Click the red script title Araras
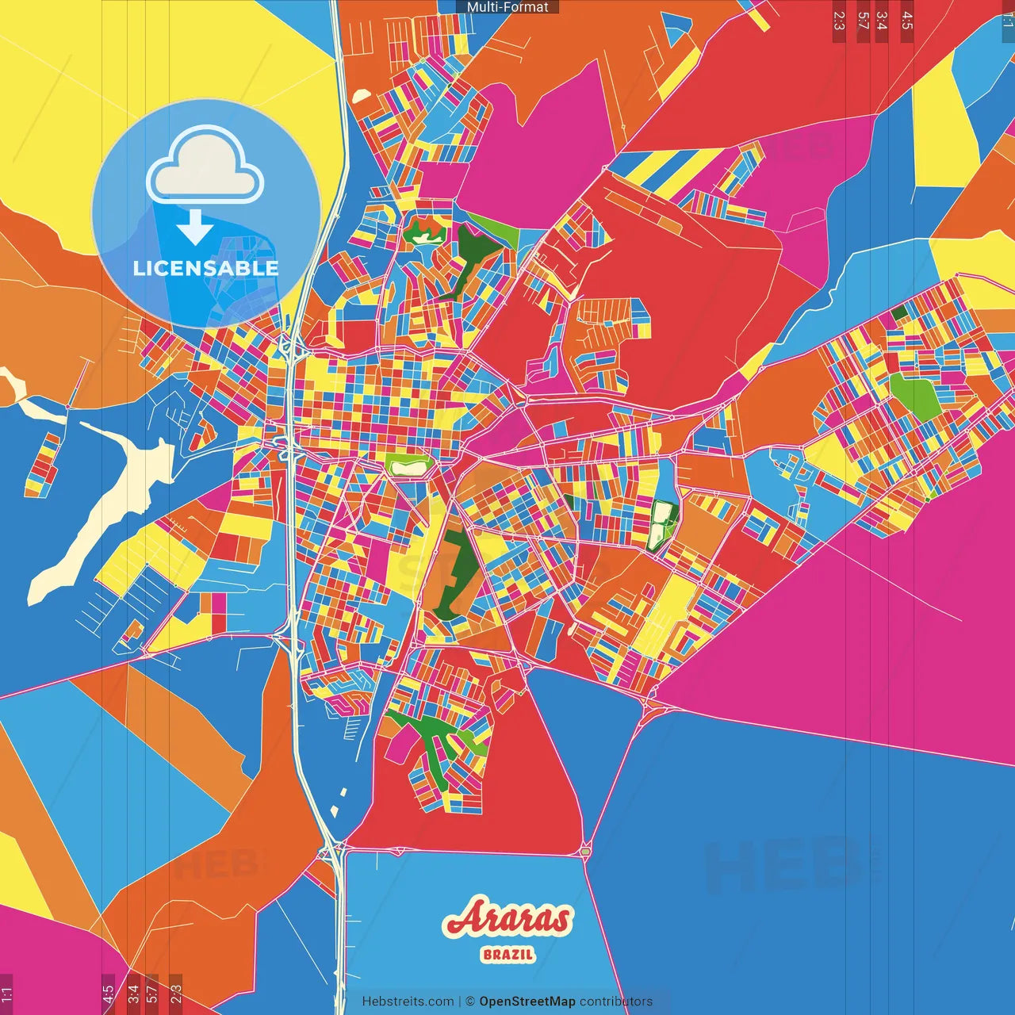tap(507, 919)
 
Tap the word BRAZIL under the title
tap(507, 955)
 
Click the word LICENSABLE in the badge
tap(205, 268)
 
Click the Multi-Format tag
tap(507, 7)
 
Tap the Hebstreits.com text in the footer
tap(408, 1002)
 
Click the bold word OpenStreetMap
tap(527, 1002)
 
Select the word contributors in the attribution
tap(616, 1002)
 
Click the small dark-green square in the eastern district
tap(898, 312)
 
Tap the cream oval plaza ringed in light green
tap(409, 467)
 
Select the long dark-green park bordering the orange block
tap(454, 575)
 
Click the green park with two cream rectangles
tap(661, 525)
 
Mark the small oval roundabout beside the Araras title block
tap(585, 851)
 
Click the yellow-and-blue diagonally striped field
tap(674, 170)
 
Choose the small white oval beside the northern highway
tap(362, 96)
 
